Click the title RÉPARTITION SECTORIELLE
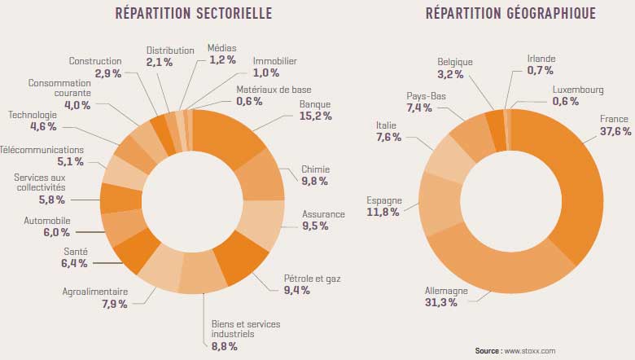coord(193,14)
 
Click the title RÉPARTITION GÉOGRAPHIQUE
coord(510,14)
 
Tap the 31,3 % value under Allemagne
coord(441,303)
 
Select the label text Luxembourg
coord(578,89)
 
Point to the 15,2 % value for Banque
coord(316,117)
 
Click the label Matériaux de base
coord(274,89)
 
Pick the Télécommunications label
coord(42,150)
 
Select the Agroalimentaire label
coord(94,292)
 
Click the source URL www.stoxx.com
coord(531,351)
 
